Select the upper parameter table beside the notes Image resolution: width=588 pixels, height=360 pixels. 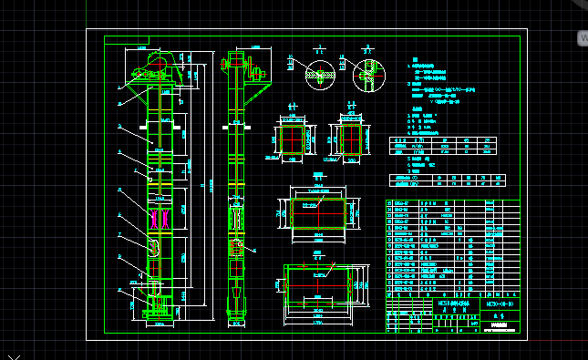point(443,146)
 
